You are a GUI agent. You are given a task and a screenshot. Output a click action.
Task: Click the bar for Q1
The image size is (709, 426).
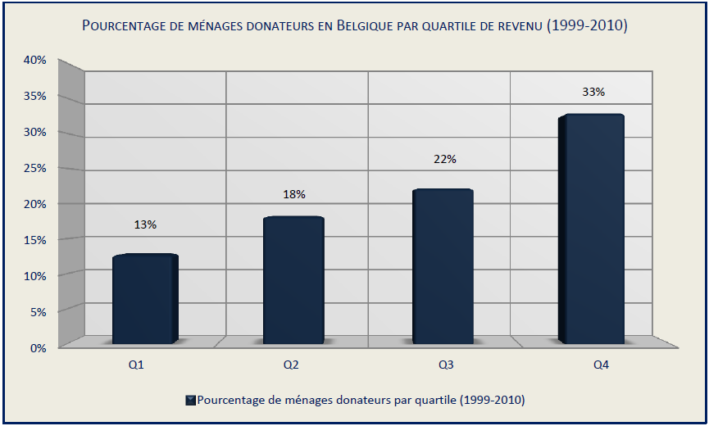pyautogui.click(x=145, y=299)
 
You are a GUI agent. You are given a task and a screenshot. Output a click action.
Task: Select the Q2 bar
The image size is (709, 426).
pyautogui.click(x=293, y=280)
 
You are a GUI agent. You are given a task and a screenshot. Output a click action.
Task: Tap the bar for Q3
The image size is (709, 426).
pyautogui.click(x=443, y=266)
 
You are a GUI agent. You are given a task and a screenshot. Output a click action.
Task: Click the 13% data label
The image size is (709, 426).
pyautogui.click(x=145, y=224)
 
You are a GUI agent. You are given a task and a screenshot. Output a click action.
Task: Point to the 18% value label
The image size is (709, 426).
pyautogui.click(x=294, y=194)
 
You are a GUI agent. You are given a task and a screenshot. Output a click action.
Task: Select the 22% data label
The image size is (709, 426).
pyautogui.click(x=444, y=158)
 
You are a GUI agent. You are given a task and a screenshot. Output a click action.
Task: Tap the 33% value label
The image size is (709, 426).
pyautogui.click(x=593, y=92)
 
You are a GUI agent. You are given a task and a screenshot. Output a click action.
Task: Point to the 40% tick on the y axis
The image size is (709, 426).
pyautogui.click(x=35, y=60)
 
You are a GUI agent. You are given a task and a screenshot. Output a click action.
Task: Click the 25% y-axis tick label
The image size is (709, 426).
pyautogui.click(x=35, y=168)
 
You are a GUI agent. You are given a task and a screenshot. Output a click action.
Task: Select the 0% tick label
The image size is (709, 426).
pyautogui.click(x=39, y=347)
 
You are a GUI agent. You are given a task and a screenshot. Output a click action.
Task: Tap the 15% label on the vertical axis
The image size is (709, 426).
pyautogui.click(x=35, y=239)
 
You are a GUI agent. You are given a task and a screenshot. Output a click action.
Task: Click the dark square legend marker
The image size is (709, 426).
pyautogui.click(x=190, y=400)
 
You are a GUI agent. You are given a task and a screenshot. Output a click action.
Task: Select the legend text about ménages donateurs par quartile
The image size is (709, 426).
pyautogui.click(x=361, y=400)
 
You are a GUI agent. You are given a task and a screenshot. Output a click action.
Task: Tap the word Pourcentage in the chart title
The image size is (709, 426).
pyautogui.click(x=129, y=26)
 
